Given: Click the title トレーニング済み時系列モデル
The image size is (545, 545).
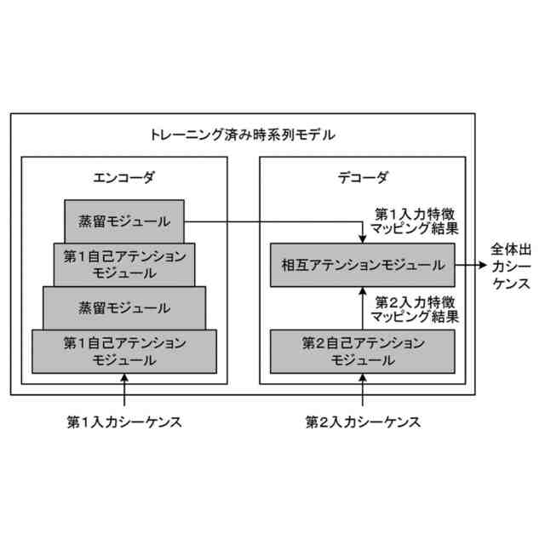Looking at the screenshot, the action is [243, 134].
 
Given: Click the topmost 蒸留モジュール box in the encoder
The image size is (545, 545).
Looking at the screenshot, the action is [124, 221].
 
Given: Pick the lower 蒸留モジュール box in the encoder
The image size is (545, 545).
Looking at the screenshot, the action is [124, 307].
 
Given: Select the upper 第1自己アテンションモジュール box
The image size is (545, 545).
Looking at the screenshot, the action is [124, 264].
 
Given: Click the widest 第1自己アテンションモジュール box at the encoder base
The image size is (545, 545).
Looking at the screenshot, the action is [124, 350].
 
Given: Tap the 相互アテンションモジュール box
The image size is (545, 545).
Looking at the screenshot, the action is [364, 265].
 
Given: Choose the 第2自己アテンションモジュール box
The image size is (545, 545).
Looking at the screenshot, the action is [364, 350].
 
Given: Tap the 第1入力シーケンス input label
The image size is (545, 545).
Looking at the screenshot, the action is [124, 421].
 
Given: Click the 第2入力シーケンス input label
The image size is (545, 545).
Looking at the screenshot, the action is [364, 421].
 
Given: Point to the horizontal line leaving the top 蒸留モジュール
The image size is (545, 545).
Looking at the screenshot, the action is [272, 223].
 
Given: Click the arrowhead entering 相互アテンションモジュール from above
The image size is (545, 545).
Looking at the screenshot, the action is [364, 238].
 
